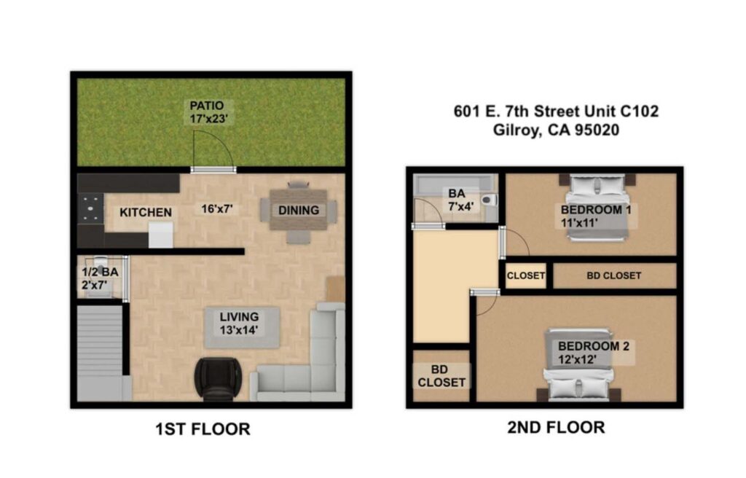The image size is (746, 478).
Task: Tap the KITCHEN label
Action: [146, 212]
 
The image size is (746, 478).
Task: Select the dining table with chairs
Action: [299, 211]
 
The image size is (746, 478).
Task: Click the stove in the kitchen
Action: [91, 209]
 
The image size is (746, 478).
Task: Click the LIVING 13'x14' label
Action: [239, 323]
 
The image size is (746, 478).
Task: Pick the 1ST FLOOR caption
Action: [203, 429]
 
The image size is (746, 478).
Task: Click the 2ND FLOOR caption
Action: [556, 427]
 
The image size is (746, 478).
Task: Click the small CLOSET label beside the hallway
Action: [525, 275]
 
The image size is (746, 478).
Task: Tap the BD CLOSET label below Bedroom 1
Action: [613, 275]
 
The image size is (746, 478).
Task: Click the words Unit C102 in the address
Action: [627, 111]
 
